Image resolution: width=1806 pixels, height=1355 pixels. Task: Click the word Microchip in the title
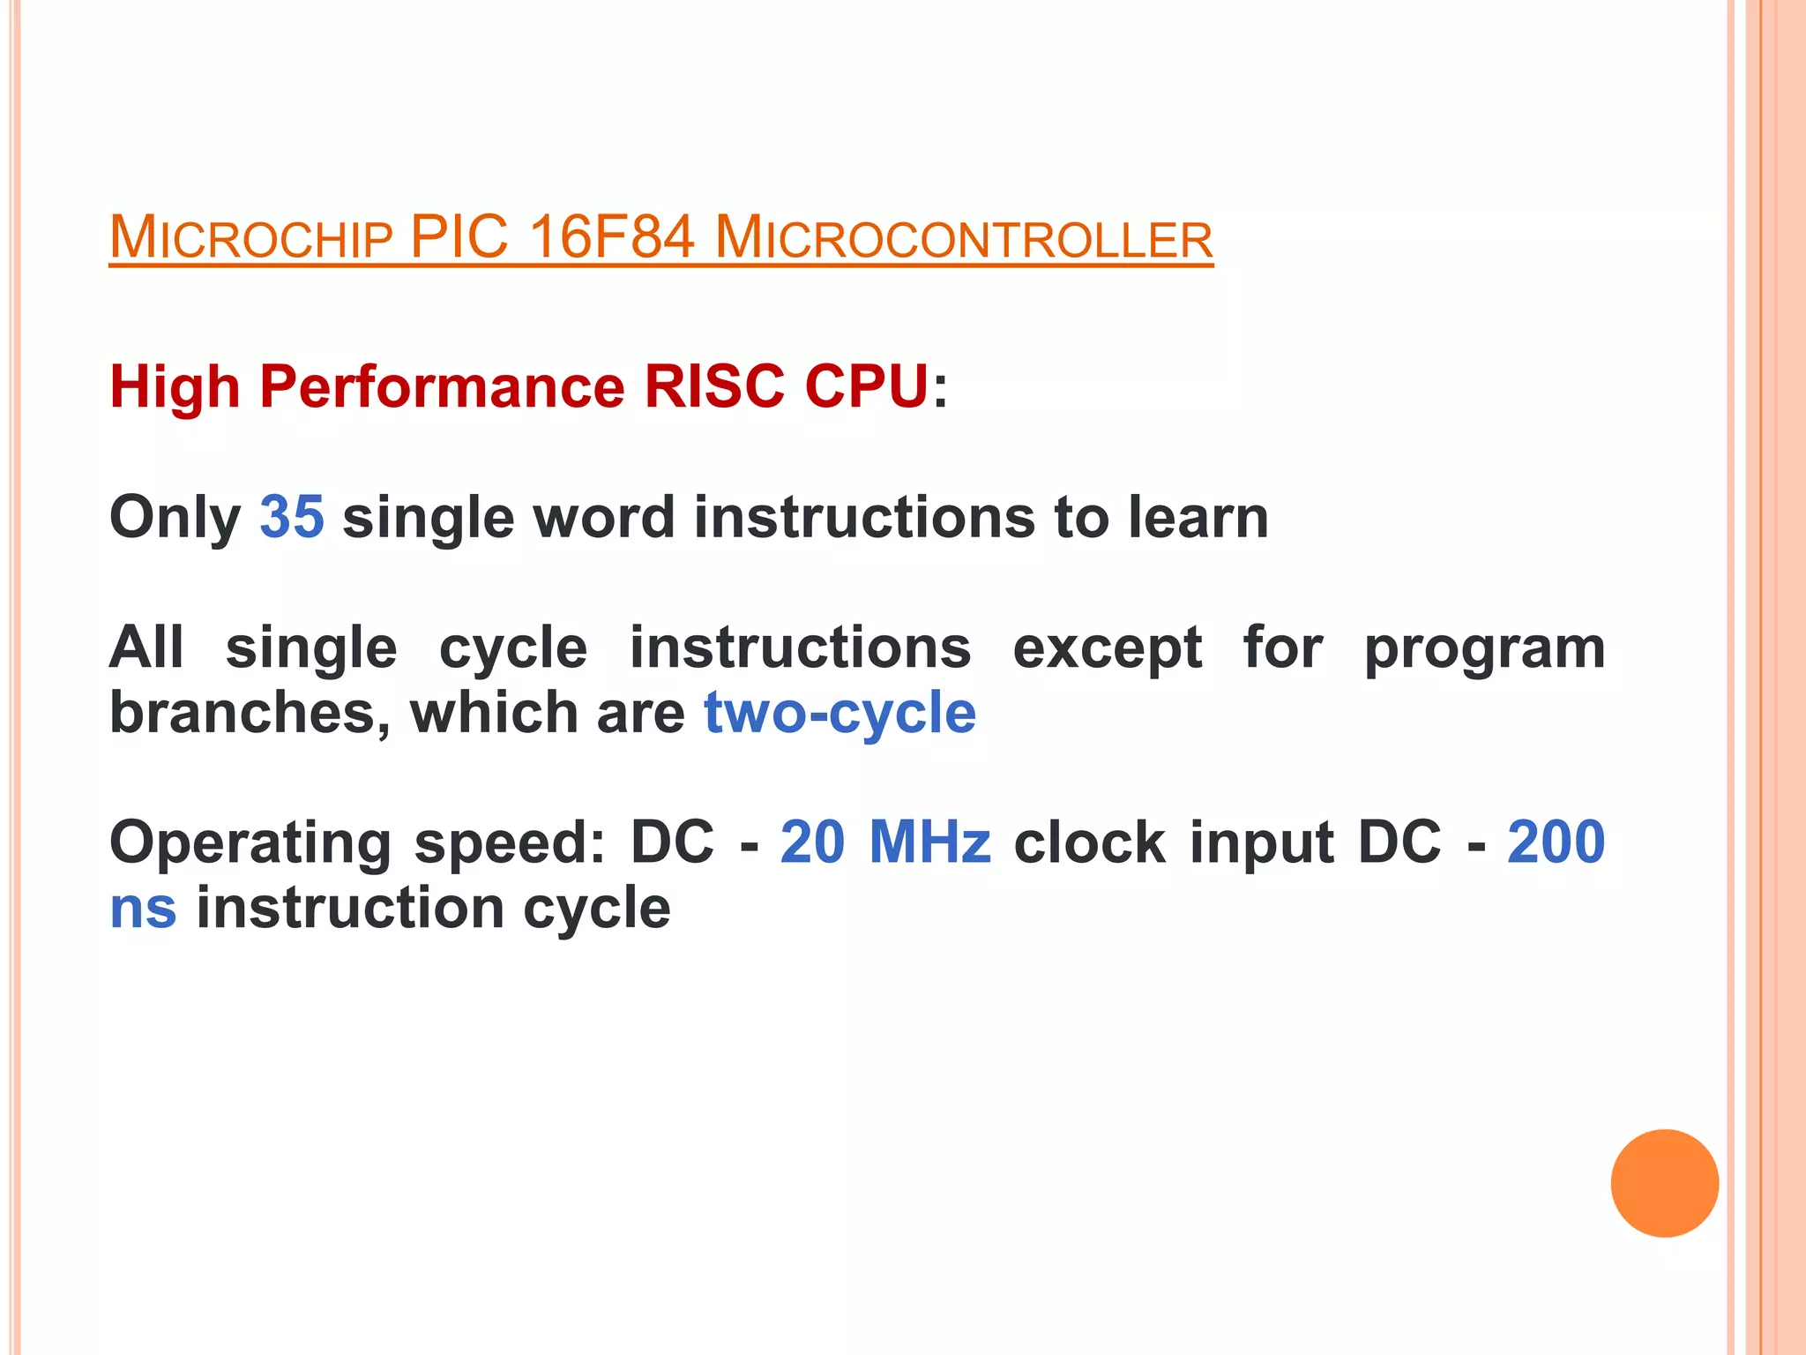point(250,238)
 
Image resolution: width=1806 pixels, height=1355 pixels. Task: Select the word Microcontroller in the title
point(964,238)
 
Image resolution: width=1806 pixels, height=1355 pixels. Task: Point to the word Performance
point(442,387)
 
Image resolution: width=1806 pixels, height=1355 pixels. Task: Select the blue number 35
point(292,517)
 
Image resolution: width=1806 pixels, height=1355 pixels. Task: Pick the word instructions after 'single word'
point(864,517)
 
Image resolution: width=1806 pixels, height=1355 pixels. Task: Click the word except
point(1107,649)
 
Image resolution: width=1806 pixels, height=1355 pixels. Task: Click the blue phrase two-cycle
point(840,713)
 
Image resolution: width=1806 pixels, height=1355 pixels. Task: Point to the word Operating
point(250,843)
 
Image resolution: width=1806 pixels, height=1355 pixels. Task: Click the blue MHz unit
point(929,842)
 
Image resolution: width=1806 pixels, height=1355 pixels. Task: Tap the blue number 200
point(1556,842)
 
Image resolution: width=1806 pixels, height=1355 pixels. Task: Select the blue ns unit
point(143,909)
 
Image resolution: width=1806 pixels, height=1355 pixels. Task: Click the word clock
point(1090,842)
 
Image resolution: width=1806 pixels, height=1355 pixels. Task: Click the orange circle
point(1664,1183)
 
